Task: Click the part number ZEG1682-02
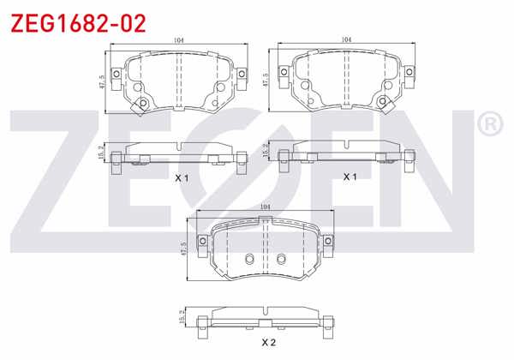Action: point(78,22)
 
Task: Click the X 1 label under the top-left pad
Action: point(181,177)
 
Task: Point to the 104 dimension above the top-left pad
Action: point(178,39)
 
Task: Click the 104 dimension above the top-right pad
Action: point(346,39)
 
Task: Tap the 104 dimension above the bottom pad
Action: point(264,207)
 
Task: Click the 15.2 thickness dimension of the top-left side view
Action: point(102,153)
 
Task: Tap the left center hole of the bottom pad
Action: point(248,260)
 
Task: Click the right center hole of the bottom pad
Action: point(279,260)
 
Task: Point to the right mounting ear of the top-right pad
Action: point(409,78)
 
